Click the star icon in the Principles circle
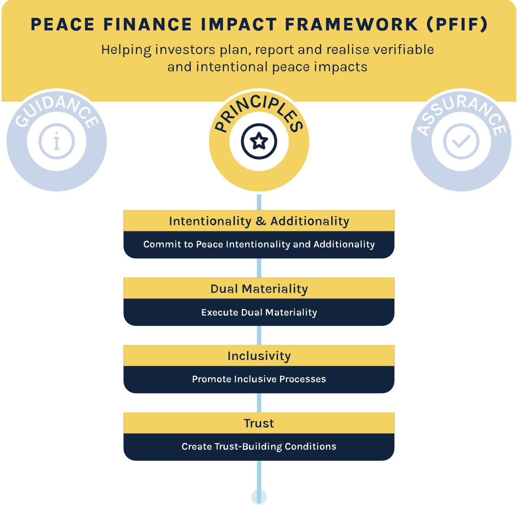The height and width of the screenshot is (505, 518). (259, 141)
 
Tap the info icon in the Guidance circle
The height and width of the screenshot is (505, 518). (56, 141)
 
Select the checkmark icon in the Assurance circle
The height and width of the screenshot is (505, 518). (461, 141)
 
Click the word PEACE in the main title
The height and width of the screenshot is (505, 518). (63, 24)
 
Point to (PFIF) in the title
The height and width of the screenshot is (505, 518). (457, 24)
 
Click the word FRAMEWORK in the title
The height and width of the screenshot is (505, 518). (352, 24)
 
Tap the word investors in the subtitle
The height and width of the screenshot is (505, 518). (185, 50)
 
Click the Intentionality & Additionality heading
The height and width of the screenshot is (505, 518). (259, 221)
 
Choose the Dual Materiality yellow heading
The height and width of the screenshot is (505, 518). (259, 289)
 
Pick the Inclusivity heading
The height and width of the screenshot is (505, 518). (259, 356)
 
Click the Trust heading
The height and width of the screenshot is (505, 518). (259, 423)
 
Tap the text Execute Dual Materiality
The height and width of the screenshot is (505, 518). (259, 312)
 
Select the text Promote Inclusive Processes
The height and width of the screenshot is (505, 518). (259, 379)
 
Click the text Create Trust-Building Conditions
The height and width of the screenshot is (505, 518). (259, 447)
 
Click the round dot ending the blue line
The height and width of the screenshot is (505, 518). (259, 497)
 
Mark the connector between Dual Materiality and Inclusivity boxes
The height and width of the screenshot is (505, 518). (259, 335)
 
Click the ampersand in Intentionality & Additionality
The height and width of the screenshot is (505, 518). (261, 221)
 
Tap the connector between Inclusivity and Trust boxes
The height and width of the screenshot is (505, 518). (259, 403)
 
